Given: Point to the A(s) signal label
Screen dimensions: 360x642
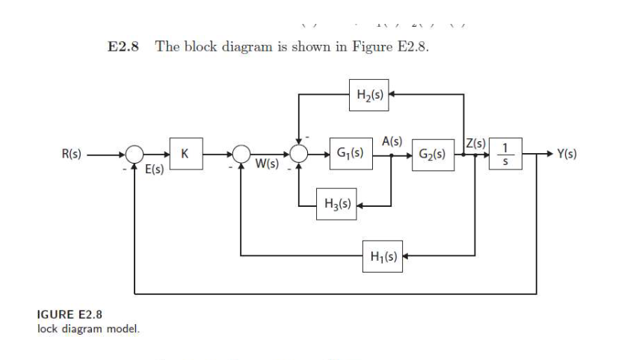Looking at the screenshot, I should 392,141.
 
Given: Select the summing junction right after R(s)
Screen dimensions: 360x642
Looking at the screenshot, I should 134,155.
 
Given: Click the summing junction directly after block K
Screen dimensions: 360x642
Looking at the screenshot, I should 241,155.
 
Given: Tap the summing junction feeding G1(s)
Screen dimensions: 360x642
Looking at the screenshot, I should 300,155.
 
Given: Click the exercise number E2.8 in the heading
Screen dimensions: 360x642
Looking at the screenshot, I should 124,47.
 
